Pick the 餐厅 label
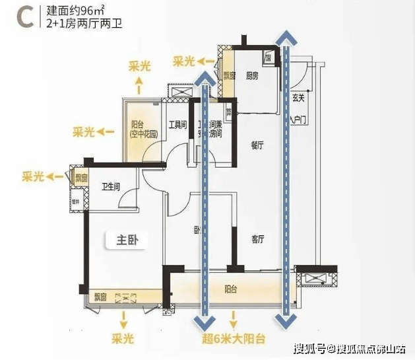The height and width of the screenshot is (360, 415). pos(257,145)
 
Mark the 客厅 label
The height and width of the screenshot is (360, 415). pos(257,238)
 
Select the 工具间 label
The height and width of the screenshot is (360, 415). pos(177,124)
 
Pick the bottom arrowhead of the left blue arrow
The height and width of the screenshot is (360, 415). pos(204,321)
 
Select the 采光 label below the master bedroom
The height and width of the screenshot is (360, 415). pos(122,338)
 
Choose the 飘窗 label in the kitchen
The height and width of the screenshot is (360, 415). pos(228,75)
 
